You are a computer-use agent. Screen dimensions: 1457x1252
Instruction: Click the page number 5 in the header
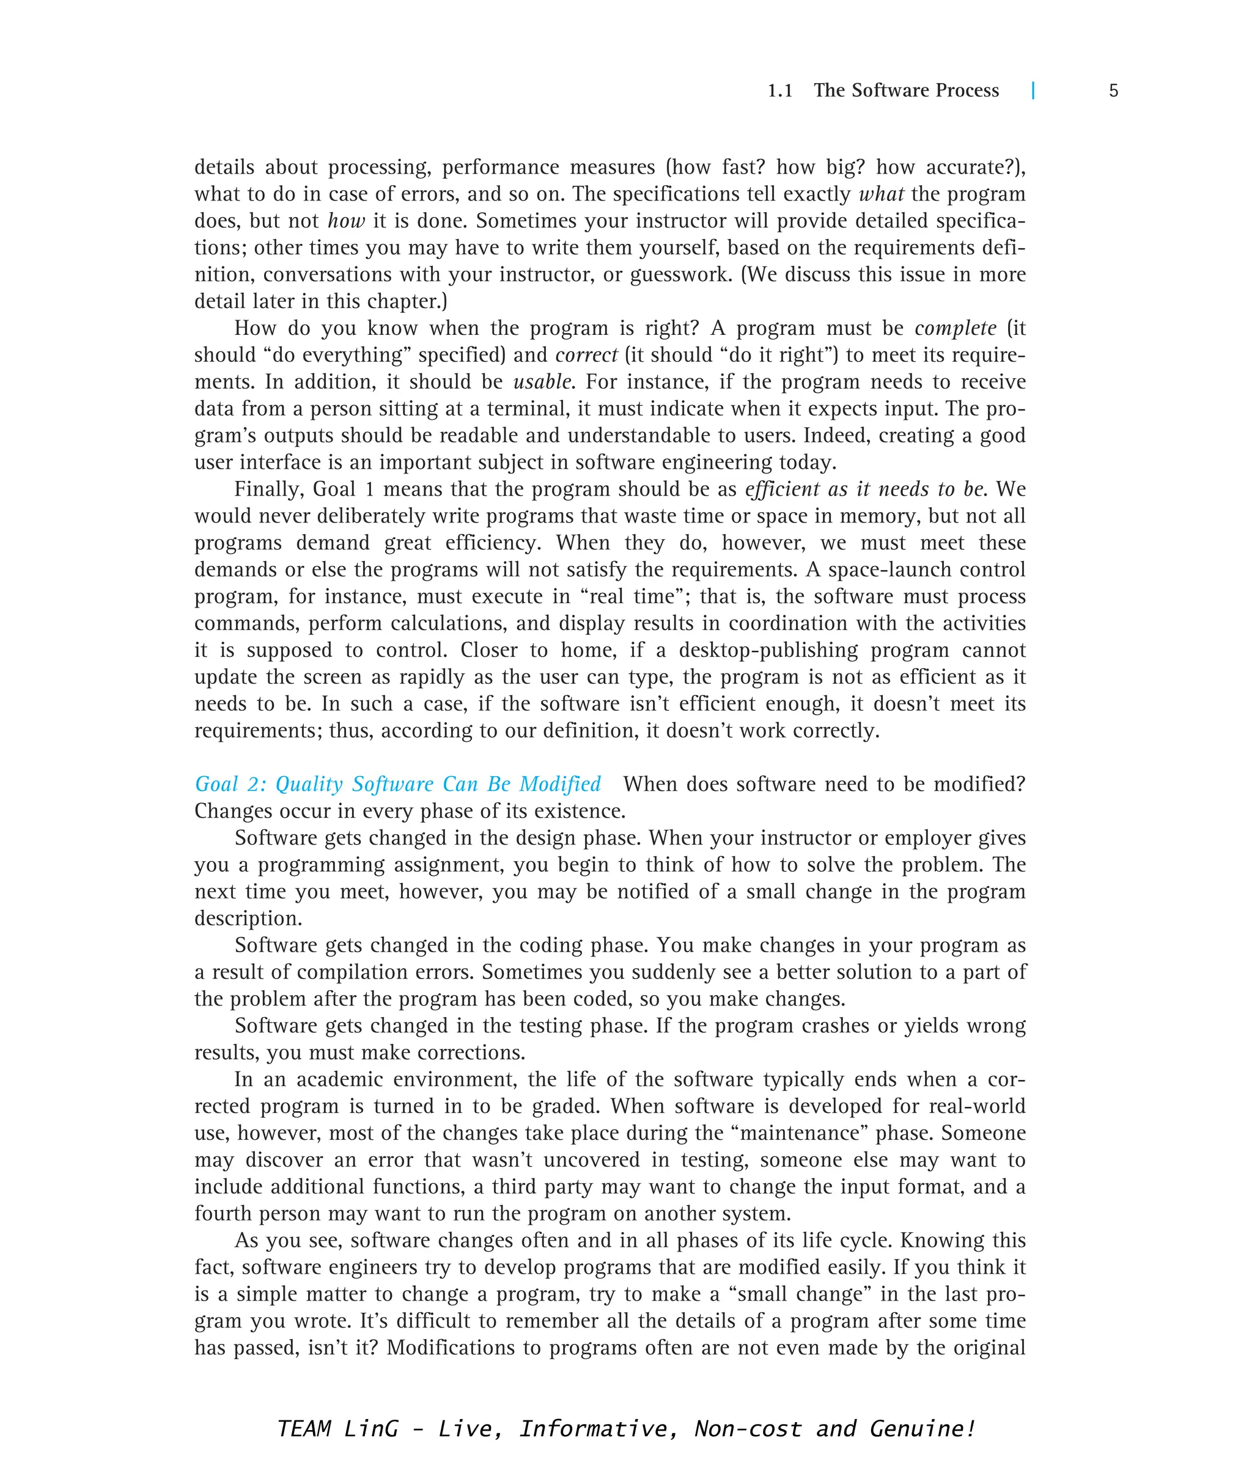(x=1113, y=90)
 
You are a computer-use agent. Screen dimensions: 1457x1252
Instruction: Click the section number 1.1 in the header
(x=779, y=90)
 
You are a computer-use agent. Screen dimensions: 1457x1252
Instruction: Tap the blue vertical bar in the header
(x=1033, y=90)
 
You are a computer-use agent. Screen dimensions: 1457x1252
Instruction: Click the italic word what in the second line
(x=881, y=194)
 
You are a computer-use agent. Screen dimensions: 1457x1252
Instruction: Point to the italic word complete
(x=955, y=328)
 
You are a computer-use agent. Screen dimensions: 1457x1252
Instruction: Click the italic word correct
(x=587, y=355)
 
